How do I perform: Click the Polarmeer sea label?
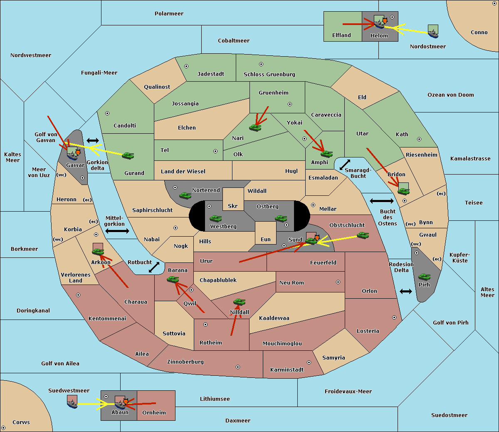(x=169, y=14)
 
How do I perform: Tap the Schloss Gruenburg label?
(x=269, y=74)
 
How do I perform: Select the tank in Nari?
(x=255, y=128)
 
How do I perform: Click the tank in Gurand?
(x=128, y=155)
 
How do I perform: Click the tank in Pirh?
(x=425, y=277)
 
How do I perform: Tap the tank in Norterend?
(x=185, y=195)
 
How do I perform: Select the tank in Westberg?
(x=215, y=219)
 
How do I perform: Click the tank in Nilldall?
(x=239, y=302)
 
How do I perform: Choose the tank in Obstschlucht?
(x=363, y=235)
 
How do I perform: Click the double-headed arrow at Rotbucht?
(x=154, y=267)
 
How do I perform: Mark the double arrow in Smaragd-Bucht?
(x=345, y=165)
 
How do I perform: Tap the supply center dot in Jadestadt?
(x=186, y=66)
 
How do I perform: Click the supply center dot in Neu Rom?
(x=338, y=282)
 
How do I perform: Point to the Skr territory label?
(x=233, y=206)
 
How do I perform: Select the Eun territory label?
(x=266, y=239)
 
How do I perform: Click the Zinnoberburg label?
(x=185, y=362)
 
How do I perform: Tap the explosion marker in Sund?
(x=317, y=237)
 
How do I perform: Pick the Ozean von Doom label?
(x=451, y=95)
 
